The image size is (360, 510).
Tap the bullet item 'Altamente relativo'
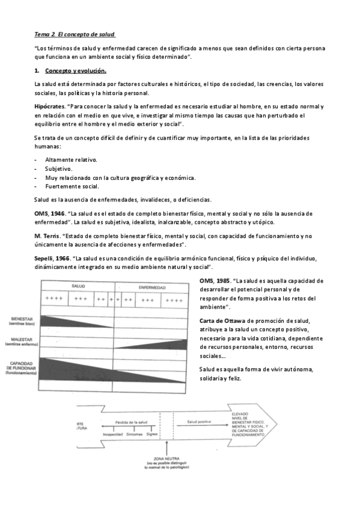pos(71,159)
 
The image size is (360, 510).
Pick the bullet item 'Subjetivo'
pos(59,168)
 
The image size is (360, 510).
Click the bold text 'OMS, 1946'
pos(49,213)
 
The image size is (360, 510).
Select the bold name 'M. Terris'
pos(48,236)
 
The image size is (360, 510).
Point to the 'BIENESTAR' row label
pos(20,319)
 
